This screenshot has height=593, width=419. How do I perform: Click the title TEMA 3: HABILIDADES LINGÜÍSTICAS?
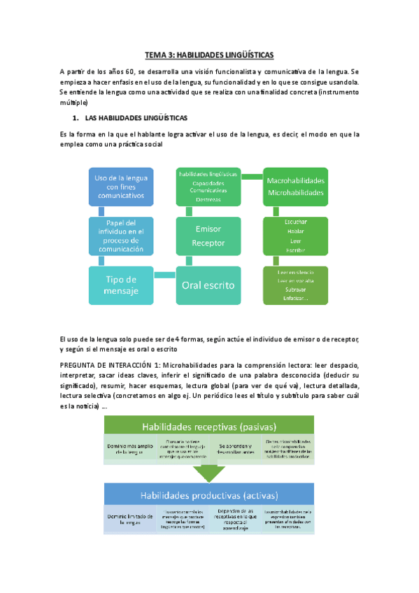(210, 54)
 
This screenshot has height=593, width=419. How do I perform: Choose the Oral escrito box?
(208, 285)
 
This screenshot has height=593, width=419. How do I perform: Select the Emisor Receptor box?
(208, 236)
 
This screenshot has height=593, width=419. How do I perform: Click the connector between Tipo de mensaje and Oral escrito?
(165, 275)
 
